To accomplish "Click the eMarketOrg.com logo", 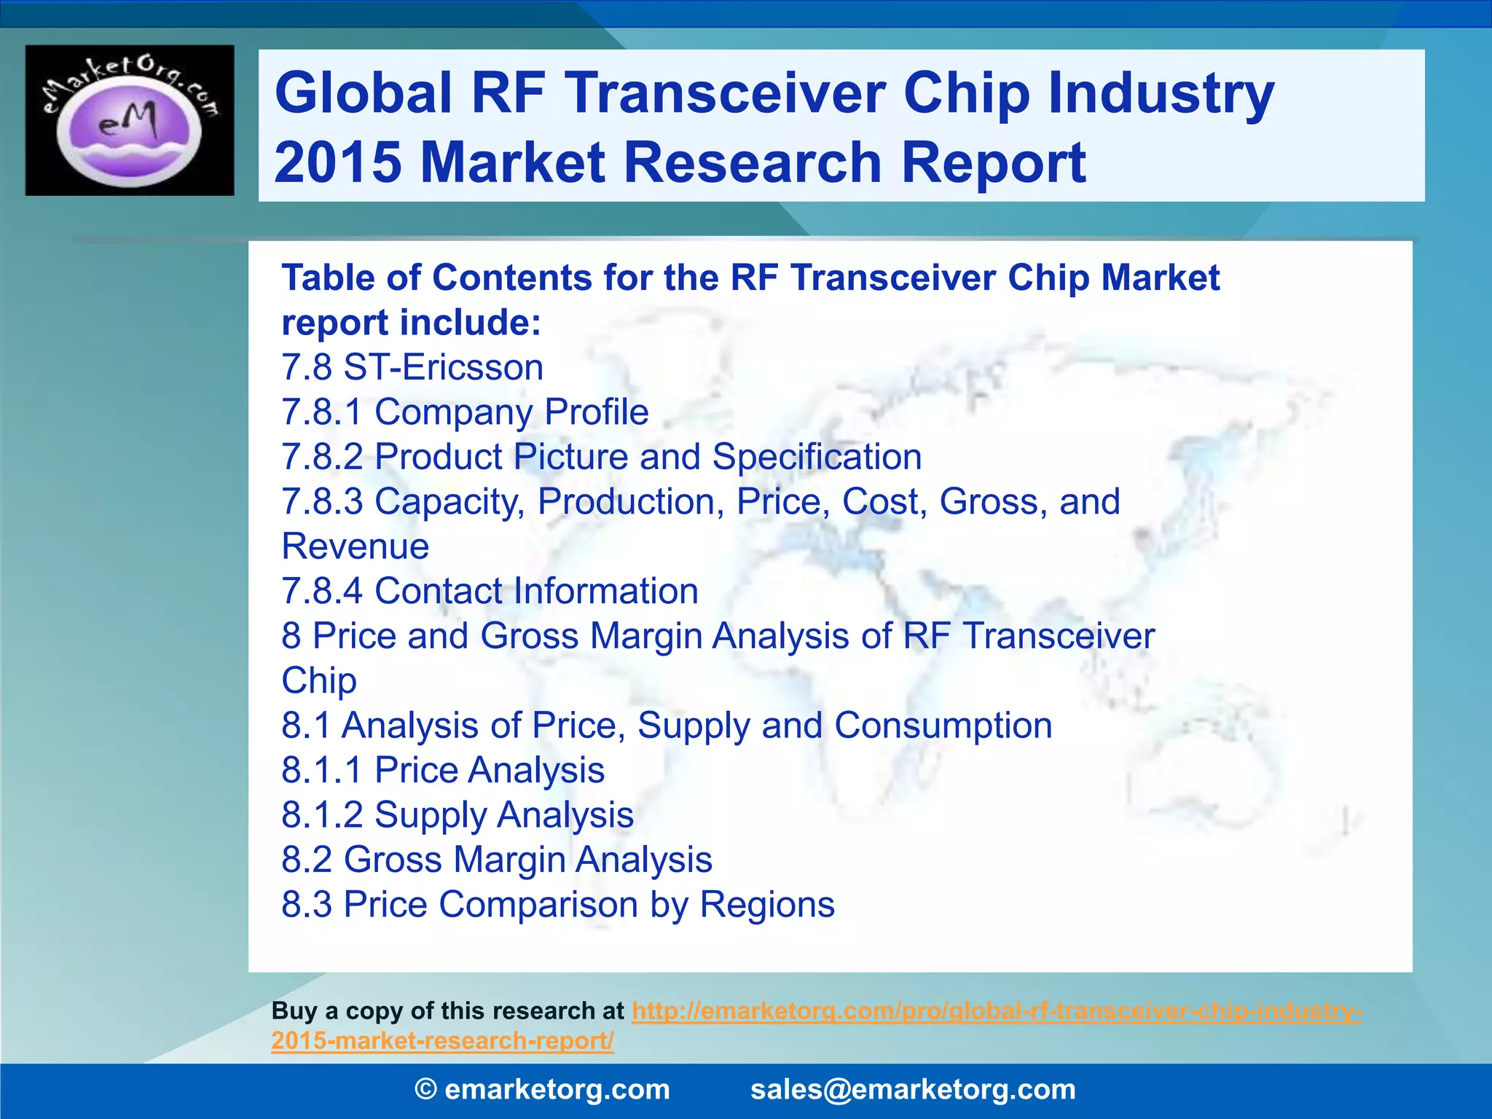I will coord(130,120).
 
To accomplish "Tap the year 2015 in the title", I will coord(338,162).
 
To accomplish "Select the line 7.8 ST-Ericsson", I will coord(412,367).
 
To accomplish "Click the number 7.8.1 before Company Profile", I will coord(321,412).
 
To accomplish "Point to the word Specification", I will coord(817,457).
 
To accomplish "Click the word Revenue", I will coord(356,546).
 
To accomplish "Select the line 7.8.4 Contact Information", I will coord(490,591).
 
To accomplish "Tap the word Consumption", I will coord(943,726).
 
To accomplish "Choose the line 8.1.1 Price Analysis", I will coord(443,770).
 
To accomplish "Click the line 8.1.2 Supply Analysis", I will coord(458,814).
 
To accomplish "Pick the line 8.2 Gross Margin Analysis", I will coord(497,860).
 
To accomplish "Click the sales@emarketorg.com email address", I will coord(913,1089).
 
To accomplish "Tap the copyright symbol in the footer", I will coord(426,1089).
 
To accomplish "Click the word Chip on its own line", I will coord(319,680).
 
